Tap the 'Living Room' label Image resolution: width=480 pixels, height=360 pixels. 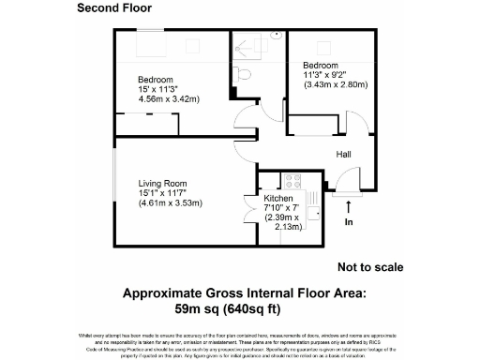(x=164, y=183)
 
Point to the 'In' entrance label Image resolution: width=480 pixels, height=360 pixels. (x=349, y=223)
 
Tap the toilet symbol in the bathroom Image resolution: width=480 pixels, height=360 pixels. (x=243, y=72)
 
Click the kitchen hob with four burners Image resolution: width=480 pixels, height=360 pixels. (x=292, y=180)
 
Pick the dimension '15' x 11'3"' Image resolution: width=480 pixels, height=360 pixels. (x=160, y=89)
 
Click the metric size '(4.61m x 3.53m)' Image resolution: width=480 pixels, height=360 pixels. (x=171, y=203)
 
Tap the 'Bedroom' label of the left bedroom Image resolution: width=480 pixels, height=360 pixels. (x=155, y=79)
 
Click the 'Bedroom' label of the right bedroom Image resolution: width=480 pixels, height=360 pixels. (x=320, y=65)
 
